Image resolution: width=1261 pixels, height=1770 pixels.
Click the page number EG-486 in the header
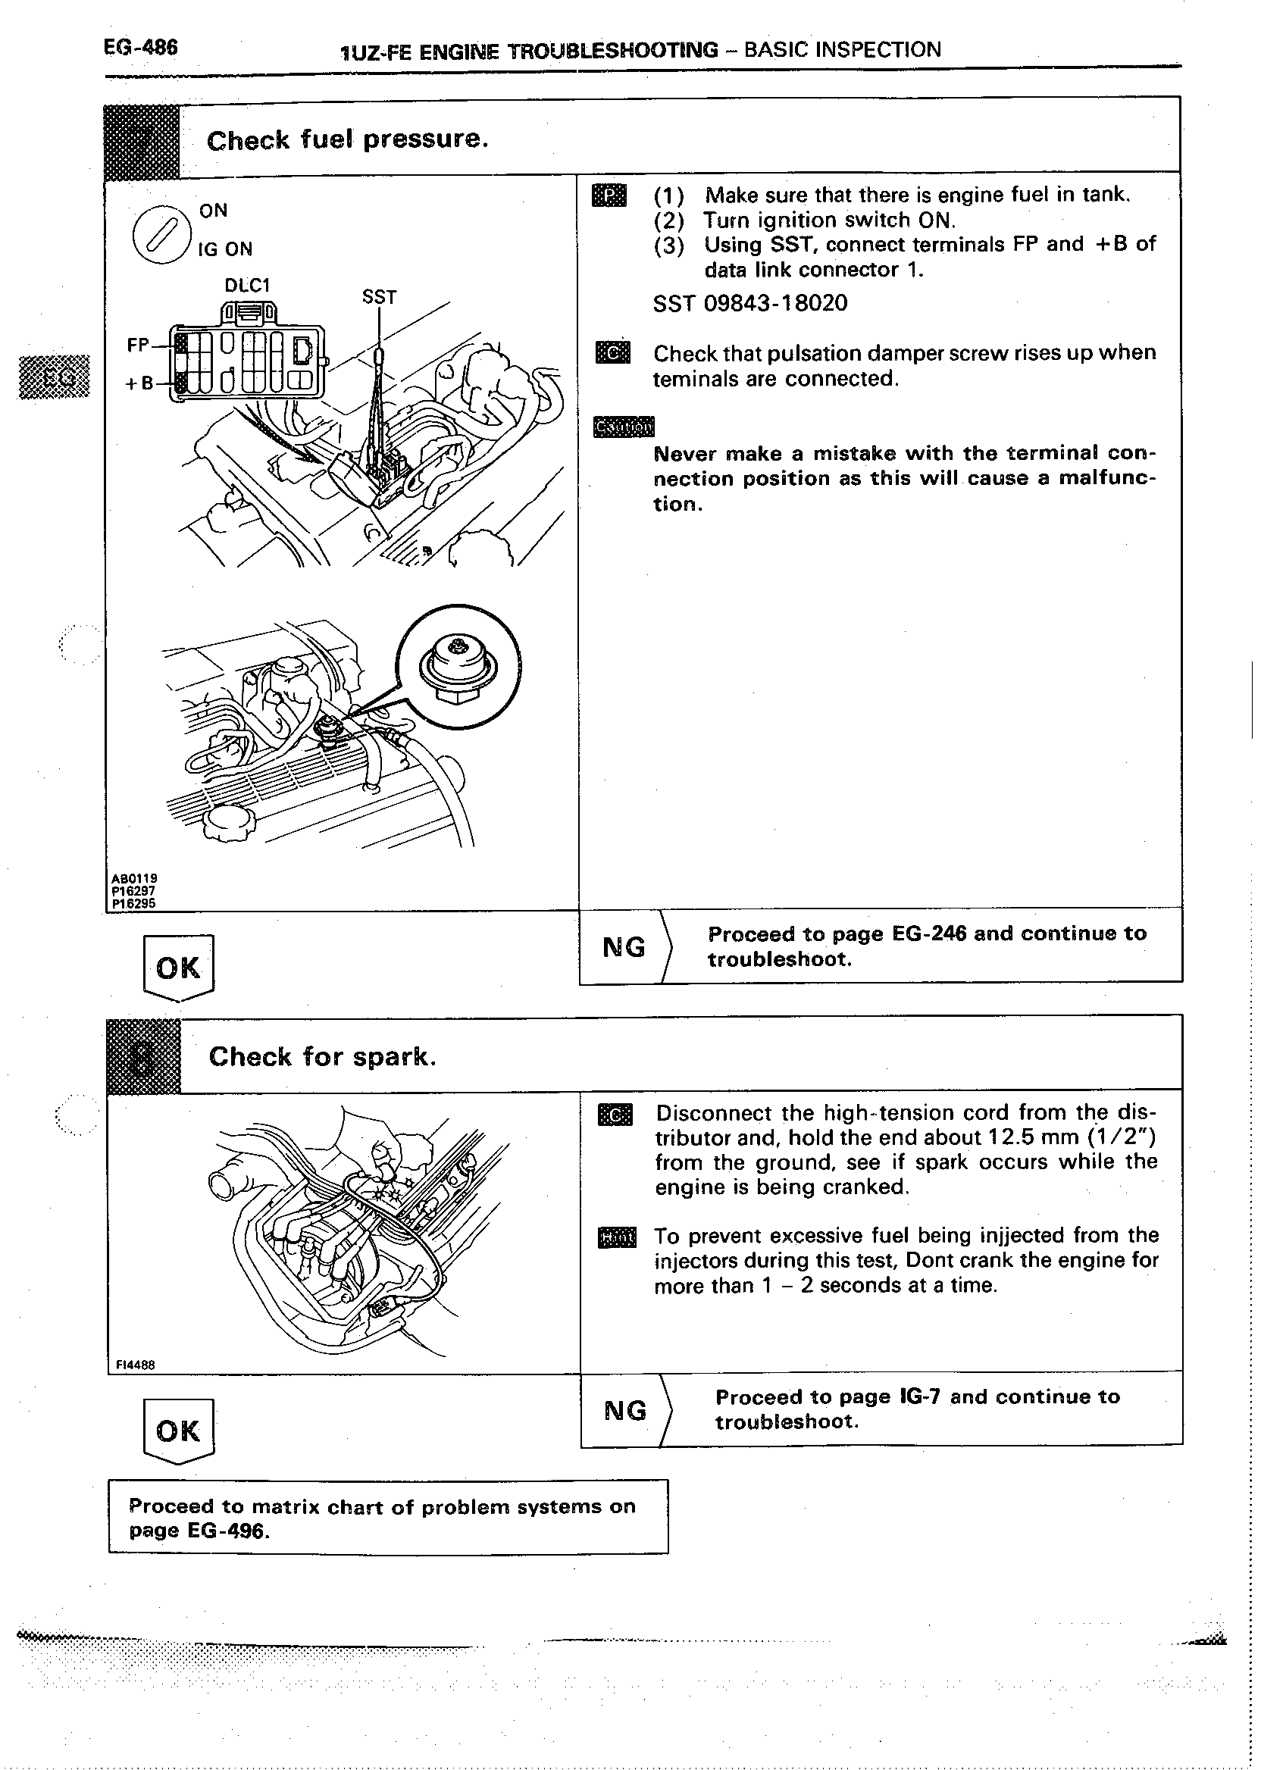coord(140,48)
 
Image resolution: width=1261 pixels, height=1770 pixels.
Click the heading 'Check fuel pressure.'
coord(347,139)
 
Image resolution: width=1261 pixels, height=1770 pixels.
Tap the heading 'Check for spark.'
coord(322,1056)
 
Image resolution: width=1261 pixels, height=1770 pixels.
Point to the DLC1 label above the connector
coord(247,285)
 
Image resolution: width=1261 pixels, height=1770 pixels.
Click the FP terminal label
coord(138,345)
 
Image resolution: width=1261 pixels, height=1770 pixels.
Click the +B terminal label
coord(139,383)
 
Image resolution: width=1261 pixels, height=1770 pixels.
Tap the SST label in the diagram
coord(379,296)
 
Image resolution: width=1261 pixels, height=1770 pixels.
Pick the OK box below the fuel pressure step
coord(179,968)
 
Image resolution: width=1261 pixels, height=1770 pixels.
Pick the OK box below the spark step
coord(179,1431)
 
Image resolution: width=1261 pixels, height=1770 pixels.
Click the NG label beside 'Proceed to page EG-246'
coord(624,947)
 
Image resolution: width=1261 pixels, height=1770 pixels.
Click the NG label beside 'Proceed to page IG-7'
coord(625,1410)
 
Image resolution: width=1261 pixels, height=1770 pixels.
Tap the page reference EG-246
coord(929,933)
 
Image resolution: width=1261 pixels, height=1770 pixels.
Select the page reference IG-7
coord(919,1396)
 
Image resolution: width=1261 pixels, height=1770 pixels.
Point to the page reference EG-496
coord(228,1531)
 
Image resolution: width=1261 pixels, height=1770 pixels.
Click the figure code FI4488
coord(135,1365)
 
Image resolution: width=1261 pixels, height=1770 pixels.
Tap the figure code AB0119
coord(134,878)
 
